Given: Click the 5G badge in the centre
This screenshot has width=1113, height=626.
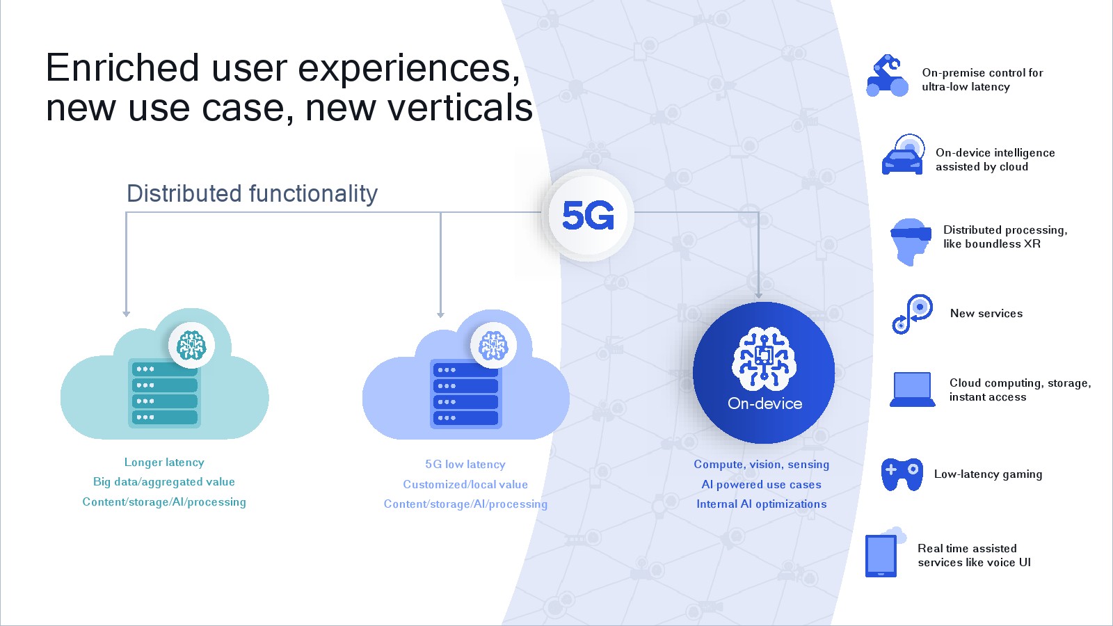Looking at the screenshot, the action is click(x=588, y=215).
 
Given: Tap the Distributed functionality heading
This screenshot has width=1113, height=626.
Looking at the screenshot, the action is click(x=252, y=193).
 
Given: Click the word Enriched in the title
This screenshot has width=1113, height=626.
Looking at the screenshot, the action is click(x=122, y=67).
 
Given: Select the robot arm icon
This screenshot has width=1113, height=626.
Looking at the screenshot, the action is click(x=887, y=76).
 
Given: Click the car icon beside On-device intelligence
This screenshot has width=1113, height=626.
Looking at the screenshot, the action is click(x=903, y=154).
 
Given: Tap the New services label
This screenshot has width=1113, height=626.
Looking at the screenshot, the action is click(x=986, y=314).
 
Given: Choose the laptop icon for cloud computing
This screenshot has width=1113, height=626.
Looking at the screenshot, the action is click(x=912, y=390).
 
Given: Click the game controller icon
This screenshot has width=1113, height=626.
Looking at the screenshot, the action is click(x=902, y=474).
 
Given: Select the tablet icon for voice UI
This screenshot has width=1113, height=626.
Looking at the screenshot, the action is click(x=881, y=556).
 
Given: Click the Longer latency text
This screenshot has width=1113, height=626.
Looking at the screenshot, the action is click(x=164, y=463).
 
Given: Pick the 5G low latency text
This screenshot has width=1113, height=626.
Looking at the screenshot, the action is click(x=465, y=465).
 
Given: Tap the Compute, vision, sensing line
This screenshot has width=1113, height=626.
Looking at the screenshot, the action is click(x=761, y=465).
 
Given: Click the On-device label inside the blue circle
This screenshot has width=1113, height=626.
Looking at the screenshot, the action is click(x=764, y=403).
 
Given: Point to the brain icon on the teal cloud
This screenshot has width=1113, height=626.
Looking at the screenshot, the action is click(x=191, y=345).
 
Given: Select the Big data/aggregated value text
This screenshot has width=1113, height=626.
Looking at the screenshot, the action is click(x=164, y=482).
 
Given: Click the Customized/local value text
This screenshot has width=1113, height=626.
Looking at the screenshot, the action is click(x=465, y=484).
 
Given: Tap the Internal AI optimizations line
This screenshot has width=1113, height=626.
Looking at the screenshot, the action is click(x=761, y=504).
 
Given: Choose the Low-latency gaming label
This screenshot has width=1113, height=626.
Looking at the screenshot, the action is click(x=988, y=474).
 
